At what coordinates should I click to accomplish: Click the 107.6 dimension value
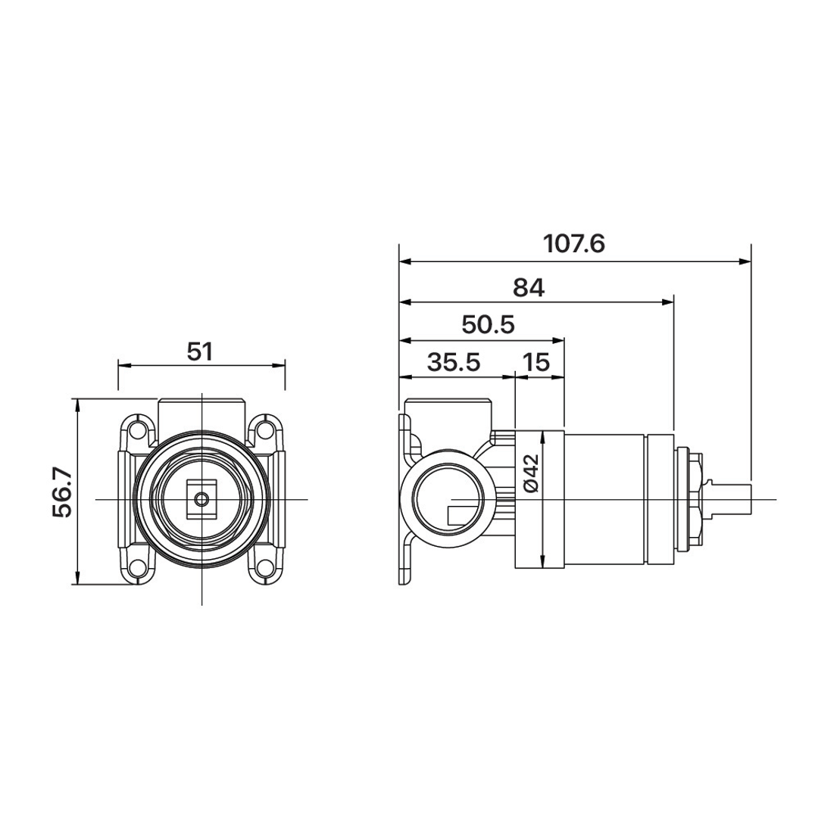click(574, 244)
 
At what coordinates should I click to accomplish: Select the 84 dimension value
click(529, 288)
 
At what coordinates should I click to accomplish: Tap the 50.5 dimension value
click(489, 325)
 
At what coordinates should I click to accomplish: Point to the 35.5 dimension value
click(454, 362)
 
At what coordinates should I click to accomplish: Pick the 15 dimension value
click(535, 362)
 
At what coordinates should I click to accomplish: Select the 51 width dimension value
click(200, 351)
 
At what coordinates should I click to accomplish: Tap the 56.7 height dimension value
click(62, 492)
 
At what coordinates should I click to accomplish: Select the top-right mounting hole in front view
click(266, 430)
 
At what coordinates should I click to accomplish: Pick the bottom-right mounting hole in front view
click(266, 567)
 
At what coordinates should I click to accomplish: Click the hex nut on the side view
click(697, 499)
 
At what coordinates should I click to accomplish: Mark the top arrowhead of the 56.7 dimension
click(77, 405)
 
